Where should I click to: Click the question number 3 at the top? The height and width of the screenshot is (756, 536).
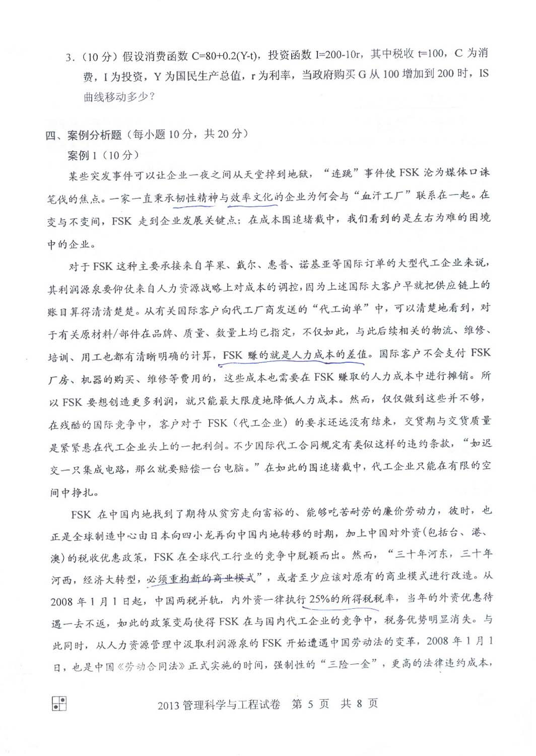tap(69, 57)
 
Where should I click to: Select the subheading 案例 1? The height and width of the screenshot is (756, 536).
tap(82, 155)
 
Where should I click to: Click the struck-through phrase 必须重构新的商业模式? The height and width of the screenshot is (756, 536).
tap(204, 578)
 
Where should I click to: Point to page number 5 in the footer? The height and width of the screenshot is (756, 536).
tap(310, 704)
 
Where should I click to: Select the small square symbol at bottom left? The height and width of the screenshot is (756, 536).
tap(59, 704)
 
